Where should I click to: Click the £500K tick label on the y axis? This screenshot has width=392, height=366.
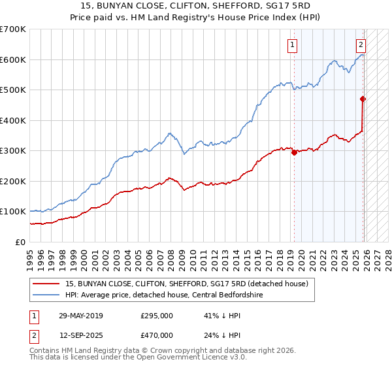click(x=13, y=90)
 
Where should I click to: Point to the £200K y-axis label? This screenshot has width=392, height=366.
click(x=13, y=181)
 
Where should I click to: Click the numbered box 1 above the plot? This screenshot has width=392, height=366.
click(x=291, y=45)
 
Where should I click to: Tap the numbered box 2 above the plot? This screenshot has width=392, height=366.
click(x=361, y=45)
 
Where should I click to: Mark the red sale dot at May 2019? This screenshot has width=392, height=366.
click(x=294, y=152)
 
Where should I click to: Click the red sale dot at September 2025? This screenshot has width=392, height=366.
click(x=363, y=99)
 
